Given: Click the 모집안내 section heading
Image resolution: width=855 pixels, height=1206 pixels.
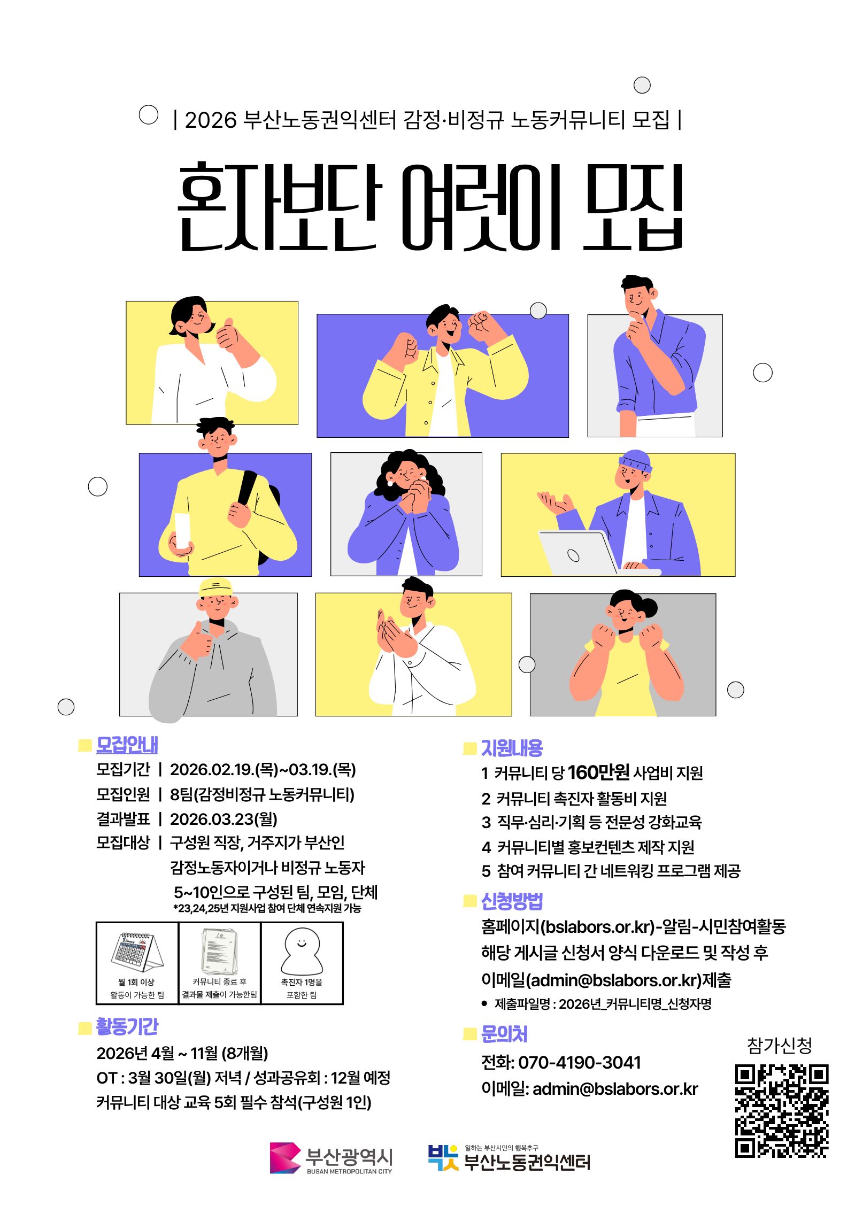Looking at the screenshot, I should coord(127,745).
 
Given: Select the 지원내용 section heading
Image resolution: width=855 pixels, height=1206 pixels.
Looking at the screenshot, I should coord(512,748).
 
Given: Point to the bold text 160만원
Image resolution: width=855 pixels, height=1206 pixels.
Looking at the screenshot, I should coord(598,772).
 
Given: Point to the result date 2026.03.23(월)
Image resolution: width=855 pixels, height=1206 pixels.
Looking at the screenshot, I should coord(224,819).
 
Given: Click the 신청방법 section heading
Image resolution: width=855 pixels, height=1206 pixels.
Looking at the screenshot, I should coord(512,901).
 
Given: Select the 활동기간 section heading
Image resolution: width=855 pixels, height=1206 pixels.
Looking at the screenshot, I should coord(127,1026).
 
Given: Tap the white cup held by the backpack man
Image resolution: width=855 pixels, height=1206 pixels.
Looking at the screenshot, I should coord(183,530).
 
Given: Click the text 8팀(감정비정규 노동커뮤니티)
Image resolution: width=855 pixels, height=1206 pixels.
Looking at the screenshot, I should coord(262,794).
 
